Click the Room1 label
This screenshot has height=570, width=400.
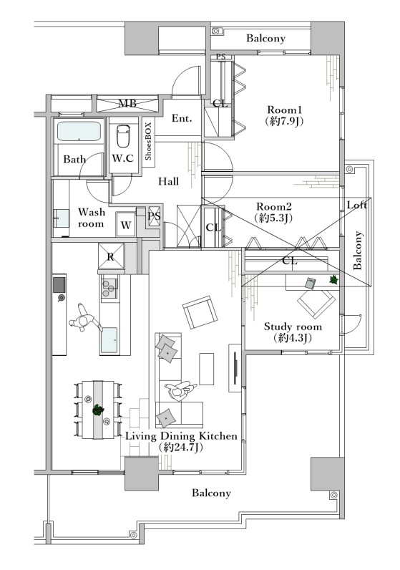point(285,110)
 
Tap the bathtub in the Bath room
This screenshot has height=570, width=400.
point(79,131)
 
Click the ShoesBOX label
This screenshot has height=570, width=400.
point(148,141)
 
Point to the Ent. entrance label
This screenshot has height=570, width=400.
point(182,118)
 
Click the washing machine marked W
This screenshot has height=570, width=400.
point(126,225)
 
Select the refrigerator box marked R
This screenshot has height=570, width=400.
point(111,256)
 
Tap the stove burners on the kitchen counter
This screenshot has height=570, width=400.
point(109,287)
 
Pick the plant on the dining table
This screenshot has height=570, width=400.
point(98,410)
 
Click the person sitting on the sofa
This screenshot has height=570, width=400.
point(180,391)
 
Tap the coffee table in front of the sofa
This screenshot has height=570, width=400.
point(206,369)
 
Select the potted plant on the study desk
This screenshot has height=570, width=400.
point(333,279)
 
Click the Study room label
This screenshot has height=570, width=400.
point(293,327)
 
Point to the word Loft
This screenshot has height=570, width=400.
point(357,205)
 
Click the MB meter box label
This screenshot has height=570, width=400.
point(128,103)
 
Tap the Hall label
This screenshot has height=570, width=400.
point(168,181)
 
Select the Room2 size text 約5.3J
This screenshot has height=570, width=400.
point(274,218)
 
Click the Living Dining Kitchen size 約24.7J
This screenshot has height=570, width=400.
point(180,447)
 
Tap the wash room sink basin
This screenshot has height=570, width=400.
point(62,218)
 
